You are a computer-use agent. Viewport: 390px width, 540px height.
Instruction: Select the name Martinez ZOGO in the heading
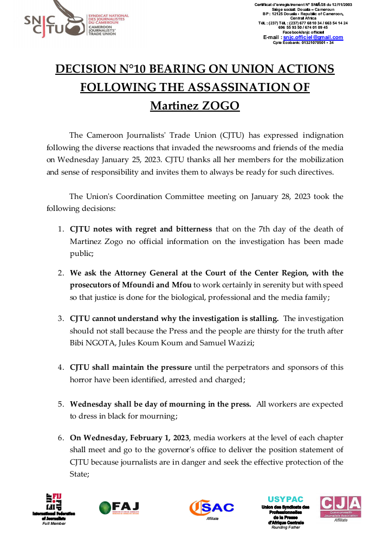[x=194, y=105]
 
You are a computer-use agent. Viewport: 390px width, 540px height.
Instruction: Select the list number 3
[x=61, y=319]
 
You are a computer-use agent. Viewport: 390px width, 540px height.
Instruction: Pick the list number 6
[x=61, y=438]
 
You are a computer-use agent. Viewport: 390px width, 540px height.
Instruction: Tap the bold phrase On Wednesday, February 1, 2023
[x=130, y=438]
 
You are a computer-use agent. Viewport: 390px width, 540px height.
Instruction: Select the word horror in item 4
[x=83, y=380]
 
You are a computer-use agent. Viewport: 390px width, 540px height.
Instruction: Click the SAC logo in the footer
[x=212, y=507]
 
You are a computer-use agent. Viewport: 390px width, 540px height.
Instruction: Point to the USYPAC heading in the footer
[x=285, y=499]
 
